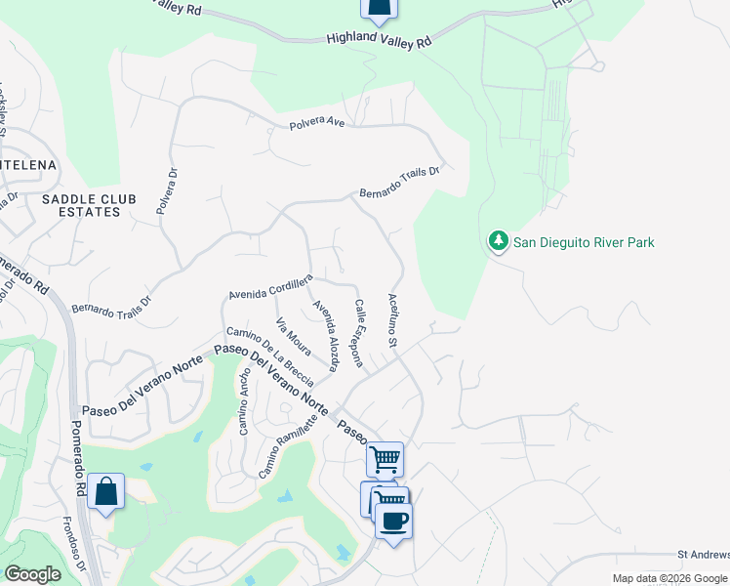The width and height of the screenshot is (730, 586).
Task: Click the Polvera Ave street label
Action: (317, 124)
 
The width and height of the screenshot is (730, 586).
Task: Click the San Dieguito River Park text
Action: (584, 242)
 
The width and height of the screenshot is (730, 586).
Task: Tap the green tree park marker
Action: (498, 240)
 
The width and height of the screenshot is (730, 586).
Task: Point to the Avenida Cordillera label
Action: (270, 287)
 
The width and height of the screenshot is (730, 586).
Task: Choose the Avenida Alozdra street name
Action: (325, 335)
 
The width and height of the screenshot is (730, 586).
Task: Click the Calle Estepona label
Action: (359, 333)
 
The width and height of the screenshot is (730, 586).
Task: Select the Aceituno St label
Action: (393, 320)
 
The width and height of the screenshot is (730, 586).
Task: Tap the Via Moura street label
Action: (294, 336)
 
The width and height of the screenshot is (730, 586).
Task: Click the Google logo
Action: (32, 574)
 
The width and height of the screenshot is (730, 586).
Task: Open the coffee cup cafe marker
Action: (393, 521)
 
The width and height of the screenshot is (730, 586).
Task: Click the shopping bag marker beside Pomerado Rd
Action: (105, 492)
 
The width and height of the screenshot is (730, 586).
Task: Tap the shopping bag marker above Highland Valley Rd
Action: (379, 9)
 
